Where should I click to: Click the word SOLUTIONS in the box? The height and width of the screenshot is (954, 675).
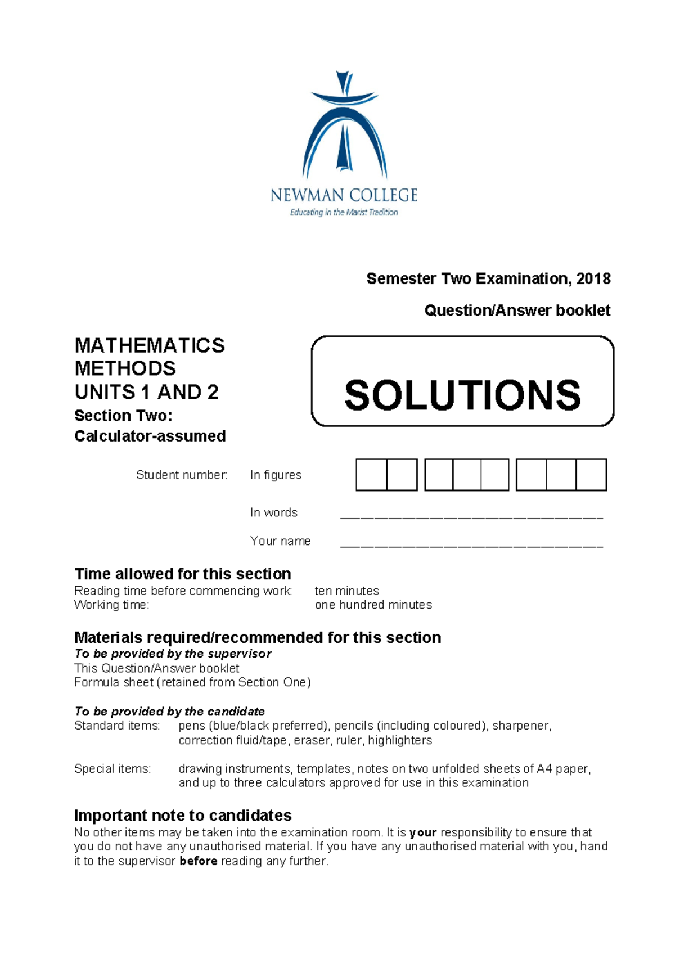tap(462, 395)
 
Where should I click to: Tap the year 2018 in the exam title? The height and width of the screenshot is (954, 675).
tap(593, 278)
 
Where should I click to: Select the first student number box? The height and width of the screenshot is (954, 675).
tap(371, 475)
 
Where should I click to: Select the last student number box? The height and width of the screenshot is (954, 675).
tap(591, 475)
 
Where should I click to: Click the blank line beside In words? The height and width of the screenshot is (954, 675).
tap(471, 515)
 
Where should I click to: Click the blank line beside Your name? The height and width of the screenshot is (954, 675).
tap(471, 543)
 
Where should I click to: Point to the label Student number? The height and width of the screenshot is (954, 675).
tap(182, 475)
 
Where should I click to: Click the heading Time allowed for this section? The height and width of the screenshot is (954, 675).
tap(183, 574)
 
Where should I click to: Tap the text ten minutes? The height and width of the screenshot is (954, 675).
tap(346, 591)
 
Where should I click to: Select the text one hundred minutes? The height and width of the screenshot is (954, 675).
tap(373, 605)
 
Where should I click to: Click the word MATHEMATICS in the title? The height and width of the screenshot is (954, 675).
tap(150, 345)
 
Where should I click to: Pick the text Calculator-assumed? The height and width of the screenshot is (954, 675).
tap(150, 436)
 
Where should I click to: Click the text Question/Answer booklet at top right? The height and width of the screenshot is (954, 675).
tap(517, 310)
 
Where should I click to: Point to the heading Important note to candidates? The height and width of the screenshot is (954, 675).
tap(183, 816)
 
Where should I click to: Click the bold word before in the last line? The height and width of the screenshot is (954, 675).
tap(198, 861)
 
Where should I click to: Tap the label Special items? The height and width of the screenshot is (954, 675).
tap(112, 768)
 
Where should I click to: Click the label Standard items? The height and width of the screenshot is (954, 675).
tap(117, 726)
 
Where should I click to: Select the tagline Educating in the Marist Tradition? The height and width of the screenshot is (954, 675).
tap(344, 213)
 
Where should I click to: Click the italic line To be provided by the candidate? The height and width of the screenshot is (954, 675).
tap(169, 711)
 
